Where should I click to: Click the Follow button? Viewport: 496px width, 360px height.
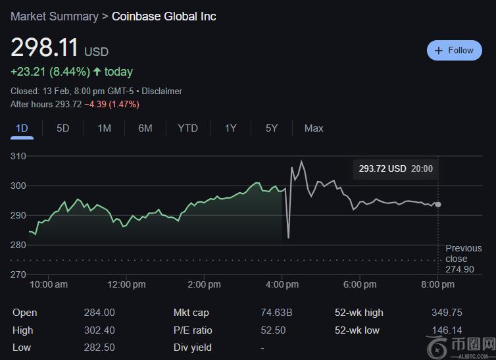pyautogui.click(x=455, y=51)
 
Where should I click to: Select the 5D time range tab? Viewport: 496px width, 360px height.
pyautogui.click(x=62, y=128)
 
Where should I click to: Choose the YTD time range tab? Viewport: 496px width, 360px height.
pyautogui.click(x=187, y=128)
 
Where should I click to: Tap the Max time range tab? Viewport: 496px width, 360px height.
pyautogui.click(x=314, y=128)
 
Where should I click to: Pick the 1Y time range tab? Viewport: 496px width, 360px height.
pyautogui.click(x=230, y=128)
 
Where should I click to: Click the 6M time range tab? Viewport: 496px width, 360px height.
pyautogui.click(x=145, y=128)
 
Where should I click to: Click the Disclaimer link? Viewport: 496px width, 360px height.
pyautogui.click(x=162, y=91)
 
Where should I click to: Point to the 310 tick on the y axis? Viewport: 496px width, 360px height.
pyautogui.click(x=18, y=157)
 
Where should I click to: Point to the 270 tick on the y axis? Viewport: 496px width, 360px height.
pyautogui.click(x=18, y=274)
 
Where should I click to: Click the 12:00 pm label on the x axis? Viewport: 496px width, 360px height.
pyautogui.click(x=126, y=285)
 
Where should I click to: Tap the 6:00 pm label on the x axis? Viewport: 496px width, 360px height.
pyautogui.click(x=360, y=285)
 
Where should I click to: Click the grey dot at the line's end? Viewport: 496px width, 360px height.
pyautogui.click(x=438, y=205)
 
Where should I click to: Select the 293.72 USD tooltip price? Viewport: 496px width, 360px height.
pyautogui.click(x=382, y=169)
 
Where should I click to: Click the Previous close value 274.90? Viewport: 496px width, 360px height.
pyautogui.click(x=459, y=270)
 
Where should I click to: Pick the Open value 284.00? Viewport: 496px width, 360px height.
pyautogui.click(x=99, y=313)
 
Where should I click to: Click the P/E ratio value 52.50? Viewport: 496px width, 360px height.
pyautogui.click(x=273, y=330)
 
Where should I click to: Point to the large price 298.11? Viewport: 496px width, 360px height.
pyautogui.click(x=45, y=48)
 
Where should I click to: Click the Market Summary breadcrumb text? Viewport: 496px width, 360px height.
pyautogui.click(x=54, y=16)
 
